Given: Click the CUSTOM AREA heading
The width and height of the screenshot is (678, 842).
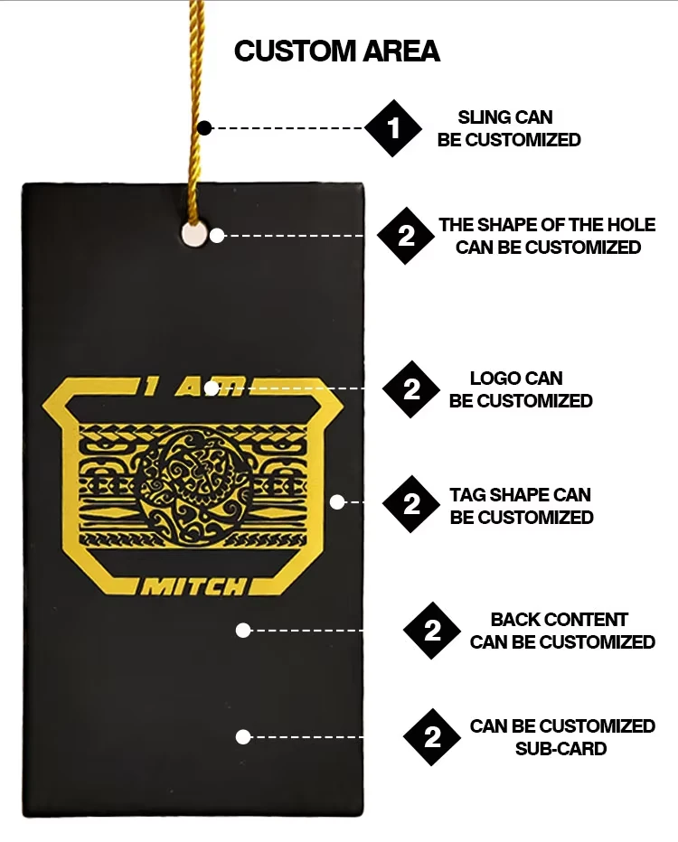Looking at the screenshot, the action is (x=337, y=51).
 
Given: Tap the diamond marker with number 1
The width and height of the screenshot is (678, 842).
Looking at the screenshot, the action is (x=393, y=128).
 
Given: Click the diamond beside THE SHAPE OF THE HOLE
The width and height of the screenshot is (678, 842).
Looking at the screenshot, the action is (x=406, y=236).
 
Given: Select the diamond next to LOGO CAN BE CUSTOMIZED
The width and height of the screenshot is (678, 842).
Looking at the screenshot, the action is (x=411, y=389).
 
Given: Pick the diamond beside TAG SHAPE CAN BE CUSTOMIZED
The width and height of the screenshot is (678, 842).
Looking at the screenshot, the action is (x=411, y=504).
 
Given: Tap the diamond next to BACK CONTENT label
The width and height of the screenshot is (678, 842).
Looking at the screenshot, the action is (x=432, y=631).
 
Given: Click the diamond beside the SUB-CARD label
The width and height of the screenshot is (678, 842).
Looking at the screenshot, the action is (x=432, y=737).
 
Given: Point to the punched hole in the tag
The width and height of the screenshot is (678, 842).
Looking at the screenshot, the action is (x=194, y=235).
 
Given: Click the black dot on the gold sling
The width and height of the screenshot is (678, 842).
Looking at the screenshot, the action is (x=204, y=128).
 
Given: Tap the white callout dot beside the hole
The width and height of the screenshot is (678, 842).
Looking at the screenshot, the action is (x=217, y=236).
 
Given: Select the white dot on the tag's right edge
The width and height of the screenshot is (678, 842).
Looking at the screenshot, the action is (x=337, y=502).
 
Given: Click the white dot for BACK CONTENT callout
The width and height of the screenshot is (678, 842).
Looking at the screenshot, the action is (x=243, y=631).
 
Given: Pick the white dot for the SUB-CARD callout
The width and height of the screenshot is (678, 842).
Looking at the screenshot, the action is (x=243, y=737).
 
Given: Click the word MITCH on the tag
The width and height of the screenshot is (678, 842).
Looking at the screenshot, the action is (x=193, y=587).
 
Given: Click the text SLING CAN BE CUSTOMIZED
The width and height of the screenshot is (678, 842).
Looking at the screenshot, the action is (x=509, y=128).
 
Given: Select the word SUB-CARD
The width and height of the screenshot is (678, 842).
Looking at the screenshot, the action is (x=560, y=749).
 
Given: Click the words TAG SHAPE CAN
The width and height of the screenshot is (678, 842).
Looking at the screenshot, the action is (x=520, y=494).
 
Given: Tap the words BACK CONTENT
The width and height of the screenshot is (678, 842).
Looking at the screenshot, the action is (x=560, y=620).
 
